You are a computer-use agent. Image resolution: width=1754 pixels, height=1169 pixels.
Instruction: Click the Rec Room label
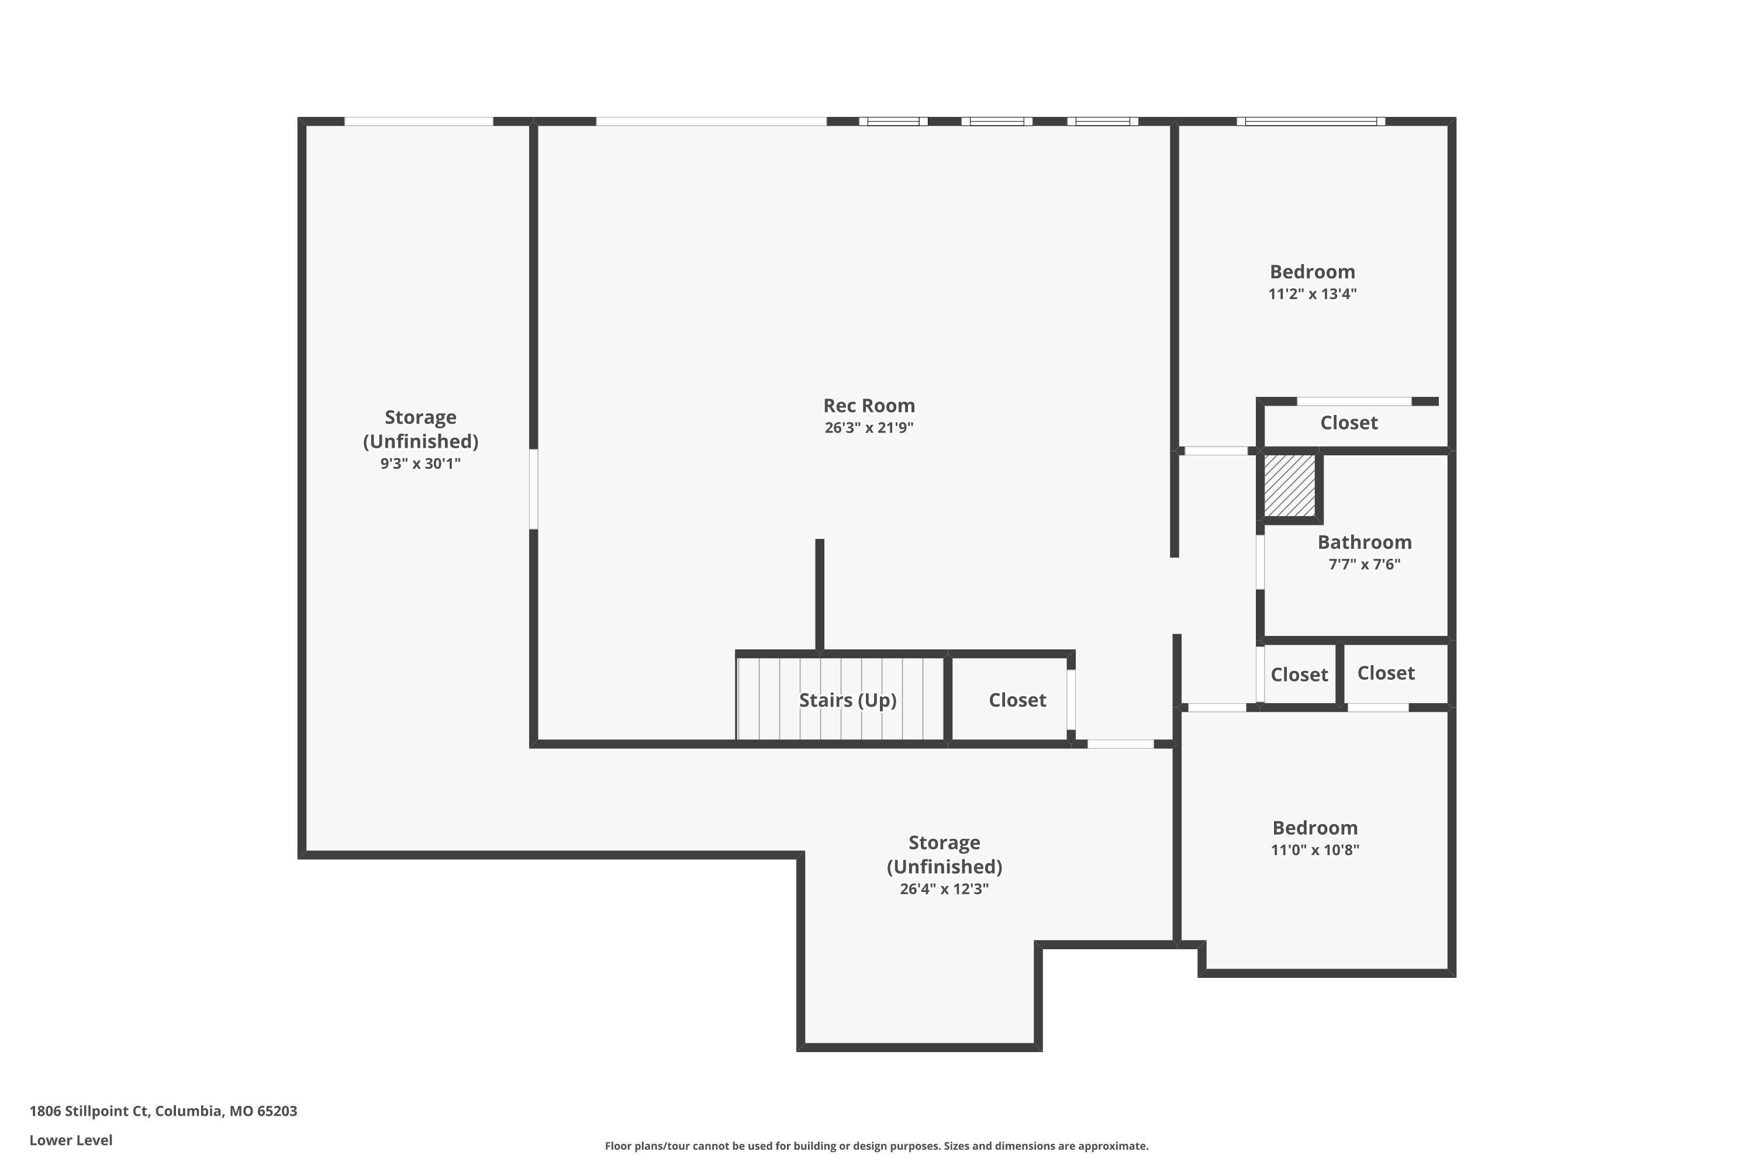[x=869, y=406]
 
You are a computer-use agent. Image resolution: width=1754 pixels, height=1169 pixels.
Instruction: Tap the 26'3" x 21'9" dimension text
[x=869, y=428]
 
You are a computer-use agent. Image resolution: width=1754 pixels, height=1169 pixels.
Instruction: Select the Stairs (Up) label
[x=847, y=700]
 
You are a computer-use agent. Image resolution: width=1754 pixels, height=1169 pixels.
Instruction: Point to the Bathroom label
[x=1364, y=542]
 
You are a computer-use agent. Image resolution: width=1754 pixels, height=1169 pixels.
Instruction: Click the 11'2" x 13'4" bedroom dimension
[x=1312, y=294]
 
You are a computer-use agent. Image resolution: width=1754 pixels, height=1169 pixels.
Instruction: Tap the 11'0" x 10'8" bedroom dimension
[x=1315, y=850]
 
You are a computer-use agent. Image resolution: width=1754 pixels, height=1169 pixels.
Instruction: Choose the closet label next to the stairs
[x=1017, y=700]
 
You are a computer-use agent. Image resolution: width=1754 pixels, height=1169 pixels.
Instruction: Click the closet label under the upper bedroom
[x=1348, y=423]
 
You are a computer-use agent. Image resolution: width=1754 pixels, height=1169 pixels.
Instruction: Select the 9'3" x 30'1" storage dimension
[x=420, y=464]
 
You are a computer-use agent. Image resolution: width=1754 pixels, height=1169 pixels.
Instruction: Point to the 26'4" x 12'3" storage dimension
[x=944, y=888]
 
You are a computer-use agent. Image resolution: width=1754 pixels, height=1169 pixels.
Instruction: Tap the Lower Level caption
[x=71, y=1140]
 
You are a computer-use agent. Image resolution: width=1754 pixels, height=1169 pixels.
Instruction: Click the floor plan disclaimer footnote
[x=876, y=1146]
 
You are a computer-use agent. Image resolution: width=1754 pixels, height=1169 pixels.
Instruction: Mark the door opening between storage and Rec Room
[x=533, y=489]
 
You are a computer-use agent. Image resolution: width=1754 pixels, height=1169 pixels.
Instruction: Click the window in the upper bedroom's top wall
[x=1310, y=122]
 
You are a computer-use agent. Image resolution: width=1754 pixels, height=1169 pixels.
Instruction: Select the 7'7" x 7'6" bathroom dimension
[x=1364, y=565]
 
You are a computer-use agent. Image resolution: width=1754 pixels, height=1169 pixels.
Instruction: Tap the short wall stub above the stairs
[x=820, y=594]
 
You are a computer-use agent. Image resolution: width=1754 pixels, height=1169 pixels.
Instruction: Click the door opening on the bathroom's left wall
[x=1261, y=562]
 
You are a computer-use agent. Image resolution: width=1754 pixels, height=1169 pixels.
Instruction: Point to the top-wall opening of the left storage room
[x=419, y=122]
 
